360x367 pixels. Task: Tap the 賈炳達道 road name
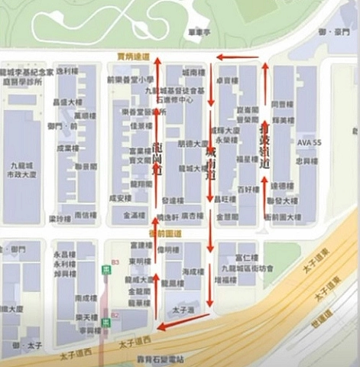[x=133, y=56]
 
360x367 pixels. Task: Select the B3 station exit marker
[x=115, y=261]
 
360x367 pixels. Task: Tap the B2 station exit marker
[x=115, y=315]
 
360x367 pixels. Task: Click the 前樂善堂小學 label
[x=130, y=79]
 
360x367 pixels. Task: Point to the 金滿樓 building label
[x=135, y=217]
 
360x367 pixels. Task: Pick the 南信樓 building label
[x=86, y=216]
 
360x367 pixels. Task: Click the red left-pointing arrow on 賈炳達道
[x=236, y=57]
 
